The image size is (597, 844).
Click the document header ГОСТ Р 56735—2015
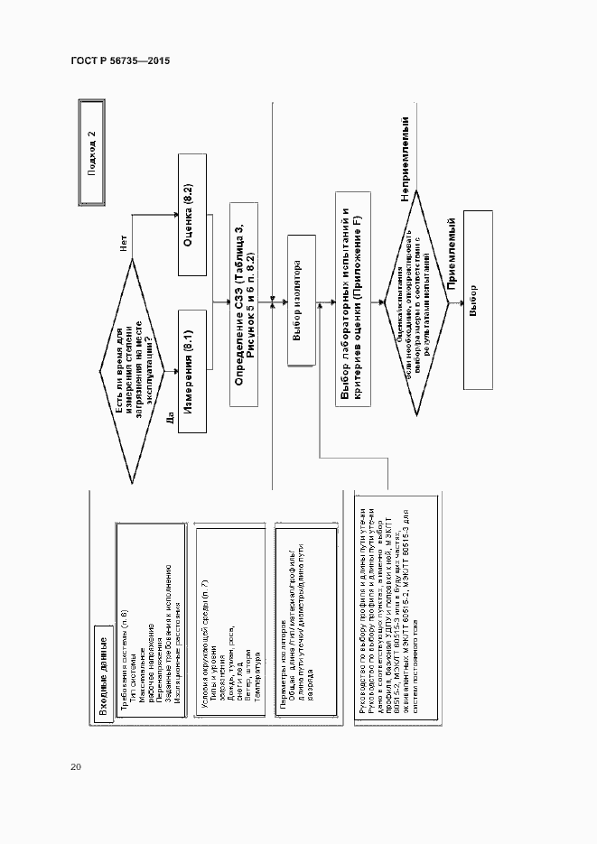pyautogui.click(x=120, y=61)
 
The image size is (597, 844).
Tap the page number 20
pyautogui.click(x=75, y=766)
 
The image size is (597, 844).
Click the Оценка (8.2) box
pyautogui.click(x=191, y=229)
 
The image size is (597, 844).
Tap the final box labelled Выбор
pyautogui.click(x=477, y=300)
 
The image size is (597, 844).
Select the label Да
pyautogui.click(x=168, y=417)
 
